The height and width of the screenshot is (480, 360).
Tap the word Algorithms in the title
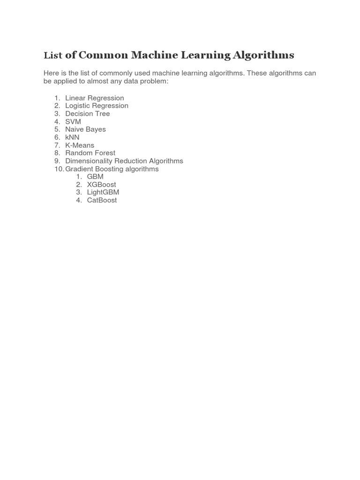[x=263, y=55]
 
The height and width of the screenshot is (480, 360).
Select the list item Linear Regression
[x=95, y=98]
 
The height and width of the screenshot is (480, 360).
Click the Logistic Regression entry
[x=97, y=106]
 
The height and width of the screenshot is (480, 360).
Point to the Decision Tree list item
[x=88, y=114]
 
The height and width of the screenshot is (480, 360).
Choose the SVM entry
[x=73, y=122]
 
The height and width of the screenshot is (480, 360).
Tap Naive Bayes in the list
[x=85, y=129]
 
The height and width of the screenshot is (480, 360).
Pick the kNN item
[x=72, y=137]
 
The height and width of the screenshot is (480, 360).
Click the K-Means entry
[x=80, y=145]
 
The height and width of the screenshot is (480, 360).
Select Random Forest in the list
[x=90, y=153]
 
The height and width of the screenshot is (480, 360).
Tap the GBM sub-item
[x=95, y=177]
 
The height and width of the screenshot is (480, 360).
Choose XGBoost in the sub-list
[x=101, y=185]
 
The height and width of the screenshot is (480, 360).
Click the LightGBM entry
[x=103, y=192]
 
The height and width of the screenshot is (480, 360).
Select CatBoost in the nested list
[x=102, y=200]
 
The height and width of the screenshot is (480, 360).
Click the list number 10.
[x=59, y=169]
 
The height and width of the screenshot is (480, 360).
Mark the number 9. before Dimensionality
[x=57, y=161]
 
